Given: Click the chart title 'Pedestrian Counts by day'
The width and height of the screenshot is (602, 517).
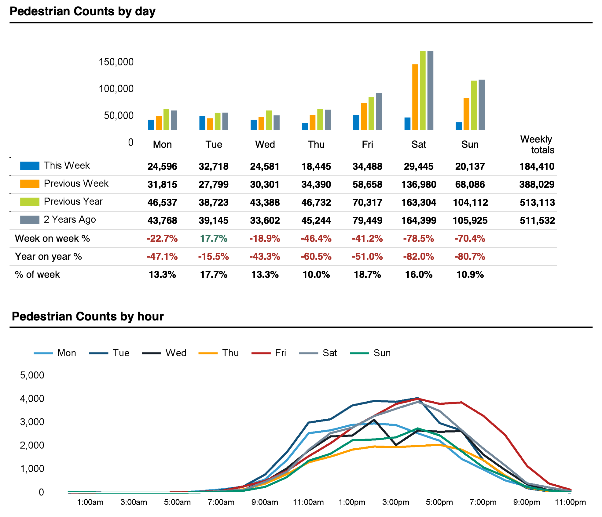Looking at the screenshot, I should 83,11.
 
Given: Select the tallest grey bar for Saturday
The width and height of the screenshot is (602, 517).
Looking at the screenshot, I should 430,90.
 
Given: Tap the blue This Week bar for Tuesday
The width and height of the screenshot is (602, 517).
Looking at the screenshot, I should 202,123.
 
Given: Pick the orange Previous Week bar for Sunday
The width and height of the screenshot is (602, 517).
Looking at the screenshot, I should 466,114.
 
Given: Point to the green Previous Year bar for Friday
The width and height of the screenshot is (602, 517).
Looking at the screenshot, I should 371,114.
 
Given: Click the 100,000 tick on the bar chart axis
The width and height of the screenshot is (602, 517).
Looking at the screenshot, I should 116,89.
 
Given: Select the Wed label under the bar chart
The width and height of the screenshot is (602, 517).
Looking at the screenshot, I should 265,144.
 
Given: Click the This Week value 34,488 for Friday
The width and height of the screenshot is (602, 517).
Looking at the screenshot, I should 367,166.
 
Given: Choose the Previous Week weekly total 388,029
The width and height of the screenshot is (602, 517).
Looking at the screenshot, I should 537,184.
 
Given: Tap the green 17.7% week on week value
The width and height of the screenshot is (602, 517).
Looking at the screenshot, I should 214,238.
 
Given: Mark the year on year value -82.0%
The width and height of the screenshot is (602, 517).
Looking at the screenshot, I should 418,256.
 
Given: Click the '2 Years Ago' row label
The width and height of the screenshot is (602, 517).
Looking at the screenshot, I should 70,219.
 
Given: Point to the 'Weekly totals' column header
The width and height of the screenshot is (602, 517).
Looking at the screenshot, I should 537,144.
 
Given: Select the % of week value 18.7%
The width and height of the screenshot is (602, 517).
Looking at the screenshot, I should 367,274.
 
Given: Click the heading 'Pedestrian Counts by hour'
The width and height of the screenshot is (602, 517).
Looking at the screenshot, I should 88,316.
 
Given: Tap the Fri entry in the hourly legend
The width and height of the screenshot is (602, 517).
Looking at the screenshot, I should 280,353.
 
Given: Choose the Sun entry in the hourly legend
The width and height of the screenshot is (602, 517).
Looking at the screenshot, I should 382,353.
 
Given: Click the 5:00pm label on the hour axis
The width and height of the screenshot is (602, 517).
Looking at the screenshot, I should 439,502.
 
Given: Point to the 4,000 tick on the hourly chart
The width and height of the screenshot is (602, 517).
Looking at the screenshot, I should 32,398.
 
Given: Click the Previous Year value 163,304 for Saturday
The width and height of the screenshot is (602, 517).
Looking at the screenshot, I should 418,202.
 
